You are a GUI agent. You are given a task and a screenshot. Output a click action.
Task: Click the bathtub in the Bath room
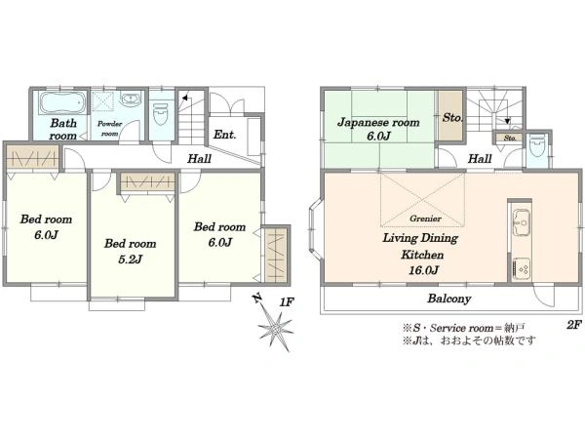pos(62,102)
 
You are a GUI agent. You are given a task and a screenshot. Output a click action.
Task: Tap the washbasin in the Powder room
pos(131,100)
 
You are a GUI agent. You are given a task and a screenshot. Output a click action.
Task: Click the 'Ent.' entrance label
pos(224,135)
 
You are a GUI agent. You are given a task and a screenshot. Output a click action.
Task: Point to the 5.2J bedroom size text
pos(130,259)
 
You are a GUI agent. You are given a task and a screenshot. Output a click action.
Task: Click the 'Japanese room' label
pos(378,123)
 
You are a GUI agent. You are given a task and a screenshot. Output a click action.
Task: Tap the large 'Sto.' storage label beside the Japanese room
pos(452,118)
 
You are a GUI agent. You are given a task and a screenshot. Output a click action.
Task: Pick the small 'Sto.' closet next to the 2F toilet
pos(510,139)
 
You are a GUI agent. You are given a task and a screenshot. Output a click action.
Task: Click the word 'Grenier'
pos(425,219)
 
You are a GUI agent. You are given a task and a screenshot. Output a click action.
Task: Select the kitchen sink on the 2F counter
pos(521,222)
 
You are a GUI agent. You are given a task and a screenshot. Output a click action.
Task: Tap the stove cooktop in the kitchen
pos(521,268)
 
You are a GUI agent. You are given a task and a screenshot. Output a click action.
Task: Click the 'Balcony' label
pos(449,299)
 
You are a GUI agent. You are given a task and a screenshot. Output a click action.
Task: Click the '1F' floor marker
pos(286,302)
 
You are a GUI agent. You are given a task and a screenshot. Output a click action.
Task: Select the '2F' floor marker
pos(574,325)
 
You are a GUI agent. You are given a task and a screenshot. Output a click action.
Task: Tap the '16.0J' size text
pos(423,270)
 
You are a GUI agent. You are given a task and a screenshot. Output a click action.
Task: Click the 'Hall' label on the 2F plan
pos(480,159)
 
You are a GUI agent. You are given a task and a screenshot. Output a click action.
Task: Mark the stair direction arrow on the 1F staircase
pos(184,99)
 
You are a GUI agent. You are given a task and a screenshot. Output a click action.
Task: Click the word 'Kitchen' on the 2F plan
pos(422,255)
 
